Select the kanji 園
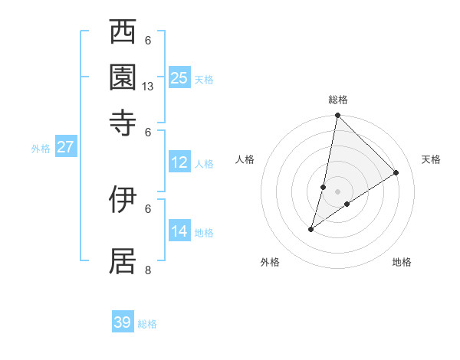pyautogui.click(x=123, y=77)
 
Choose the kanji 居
pyautogui.click(x=123, y=260)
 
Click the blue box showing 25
pyautogui.click(x=179, y=77)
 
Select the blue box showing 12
pyautogui.click(x=179, y=162)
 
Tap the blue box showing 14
pyautogui.click(x=179, y=231)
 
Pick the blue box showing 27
pyautogui.click(x=65, y=147)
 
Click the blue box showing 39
pyautogui.click(x=123, y=322)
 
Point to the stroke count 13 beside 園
pyautogui.click(x=148, y=87)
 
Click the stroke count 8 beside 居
pyautogui.click(x=148, y=270)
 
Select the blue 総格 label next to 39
pyautogui.click(x=147, y=324)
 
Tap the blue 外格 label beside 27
pyautogui.click(x=41, y=149)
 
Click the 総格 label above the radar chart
pyautogui.click(x=338, y=100)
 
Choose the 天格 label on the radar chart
pyautogui.click(x=431, y=159)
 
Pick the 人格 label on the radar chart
pyautogui.click(x=245, y=159)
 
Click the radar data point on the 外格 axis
pyautogui.click(x=311, y=229)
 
